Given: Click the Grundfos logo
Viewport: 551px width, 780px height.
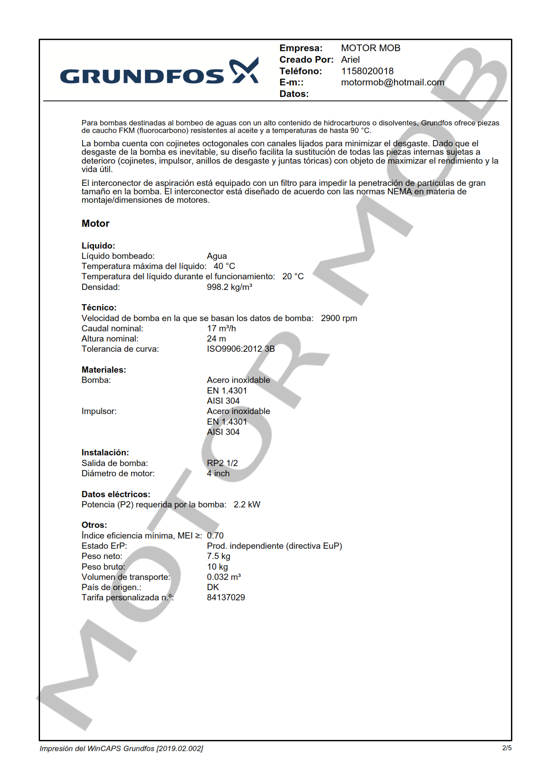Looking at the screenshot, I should point(159,72).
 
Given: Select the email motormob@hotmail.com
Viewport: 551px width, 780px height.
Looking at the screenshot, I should point(392,82).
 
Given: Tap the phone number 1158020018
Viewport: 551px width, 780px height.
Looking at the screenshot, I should point(367,71).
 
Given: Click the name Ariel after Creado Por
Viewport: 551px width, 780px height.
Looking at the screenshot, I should point(350,60).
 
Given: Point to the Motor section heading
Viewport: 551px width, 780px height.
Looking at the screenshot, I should point(95,224).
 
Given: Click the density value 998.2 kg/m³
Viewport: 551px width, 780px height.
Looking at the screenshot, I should point(229,287).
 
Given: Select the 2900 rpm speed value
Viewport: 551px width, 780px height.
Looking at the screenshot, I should point(339,318).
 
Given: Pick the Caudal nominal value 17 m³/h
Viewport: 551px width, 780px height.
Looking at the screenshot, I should point(221,329).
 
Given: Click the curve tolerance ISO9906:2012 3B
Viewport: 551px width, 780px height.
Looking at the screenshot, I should point(241,349).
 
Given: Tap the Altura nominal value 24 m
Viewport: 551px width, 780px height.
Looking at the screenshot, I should point(216,339).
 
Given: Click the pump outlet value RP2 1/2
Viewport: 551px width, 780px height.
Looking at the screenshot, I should point(222,463).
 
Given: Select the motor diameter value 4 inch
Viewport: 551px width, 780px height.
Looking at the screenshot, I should point(218,474).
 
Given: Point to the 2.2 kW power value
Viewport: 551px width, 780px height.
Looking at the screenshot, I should point(247,505).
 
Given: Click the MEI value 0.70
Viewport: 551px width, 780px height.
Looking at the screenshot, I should point(215,536).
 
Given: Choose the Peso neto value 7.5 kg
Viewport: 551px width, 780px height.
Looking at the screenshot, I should point(218,556).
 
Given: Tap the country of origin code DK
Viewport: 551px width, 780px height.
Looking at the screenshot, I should point(213,587).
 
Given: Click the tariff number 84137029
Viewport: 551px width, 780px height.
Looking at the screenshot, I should point(225,598).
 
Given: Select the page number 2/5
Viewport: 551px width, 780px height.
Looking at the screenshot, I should point(507,748).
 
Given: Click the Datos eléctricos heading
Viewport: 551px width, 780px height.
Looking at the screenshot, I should point(116,495).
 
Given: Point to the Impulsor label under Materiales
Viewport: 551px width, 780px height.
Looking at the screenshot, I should point(99,411).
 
